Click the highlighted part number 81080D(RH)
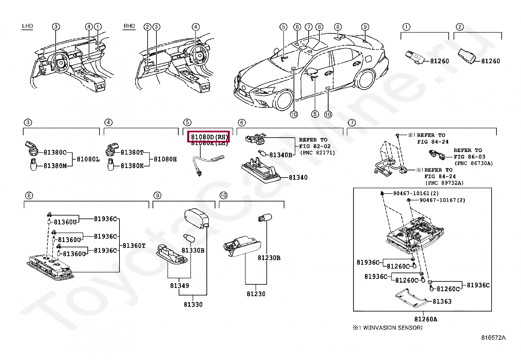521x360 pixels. pyautogui.click(x=208, y=137)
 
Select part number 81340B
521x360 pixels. pyautogui.click(x=280, y=155)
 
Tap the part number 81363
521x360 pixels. pyautogui.click(x=442, y=301)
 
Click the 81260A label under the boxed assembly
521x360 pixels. pyautogui.click(x=425, y=319)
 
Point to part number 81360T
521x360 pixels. pyautogui.click(x=134, y=245)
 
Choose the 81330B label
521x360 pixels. pyautogui.click(x=193, y=250)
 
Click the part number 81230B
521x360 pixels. pyautogui.click(x=269, y=258)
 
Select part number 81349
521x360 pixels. pyautogui.click(x=179, y=286)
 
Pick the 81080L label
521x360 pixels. pyautogui.click(x=88, y=160)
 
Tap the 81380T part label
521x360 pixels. pyautogui.click(x=132, y=152)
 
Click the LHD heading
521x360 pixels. pyautogui.click(x=27, y=26)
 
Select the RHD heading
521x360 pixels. pyautogui.click(x=129, y=26)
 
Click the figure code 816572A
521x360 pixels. pyautogui.click(x=493, y=338)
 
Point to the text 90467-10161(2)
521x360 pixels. pyautogui.click(x=416, y=194)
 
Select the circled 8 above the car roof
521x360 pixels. pyautogui.click(x=338, y=27)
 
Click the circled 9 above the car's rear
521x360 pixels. pyautogui.click(x=365, y=27)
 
